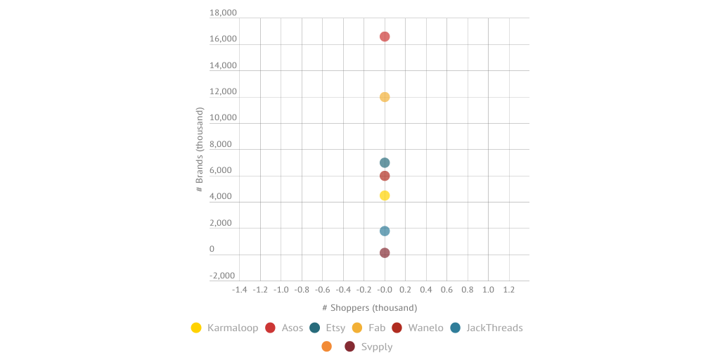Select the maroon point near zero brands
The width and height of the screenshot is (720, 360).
385,253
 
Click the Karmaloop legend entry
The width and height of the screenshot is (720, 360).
224,328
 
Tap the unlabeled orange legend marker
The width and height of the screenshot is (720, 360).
326,347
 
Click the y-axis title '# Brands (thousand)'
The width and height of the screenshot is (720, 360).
200,150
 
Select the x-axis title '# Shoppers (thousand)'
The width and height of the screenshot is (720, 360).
370,308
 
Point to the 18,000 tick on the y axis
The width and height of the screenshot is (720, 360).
223,13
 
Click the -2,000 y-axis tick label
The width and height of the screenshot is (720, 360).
223,276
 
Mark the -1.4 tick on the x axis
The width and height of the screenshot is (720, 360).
240,289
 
